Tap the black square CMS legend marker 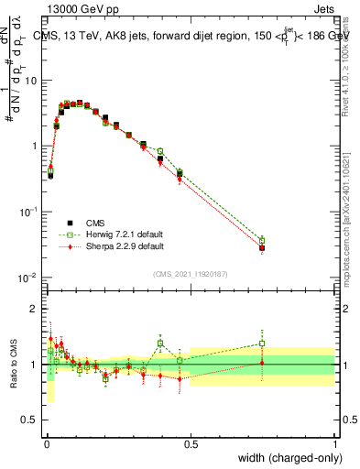point(69,222)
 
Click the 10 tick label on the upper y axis point(31,81)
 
